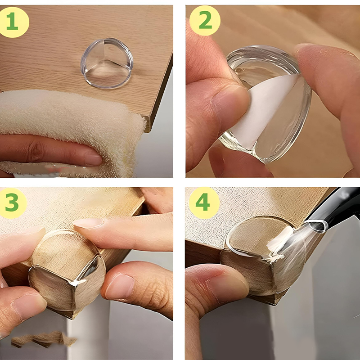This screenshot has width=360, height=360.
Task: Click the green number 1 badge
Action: [x=13, y=22]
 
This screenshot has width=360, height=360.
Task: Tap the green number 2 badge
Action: [x=205, y=21]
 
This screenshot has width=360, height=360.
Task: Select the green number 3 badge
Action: [x=13, y=203]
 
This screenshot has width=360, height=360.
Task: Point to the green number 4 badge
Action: [x=203, y=202]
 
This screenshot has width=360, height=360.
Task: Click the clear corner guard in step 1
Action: [x=107, y=63]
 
